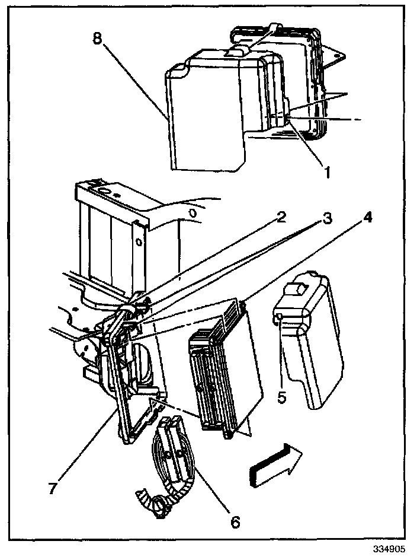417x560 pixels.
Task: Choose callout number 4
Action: (367, 217)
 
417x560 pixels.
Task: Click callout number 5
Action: (282, 396)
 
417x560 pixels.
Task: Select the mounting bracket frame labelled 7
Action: (127, 386)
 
